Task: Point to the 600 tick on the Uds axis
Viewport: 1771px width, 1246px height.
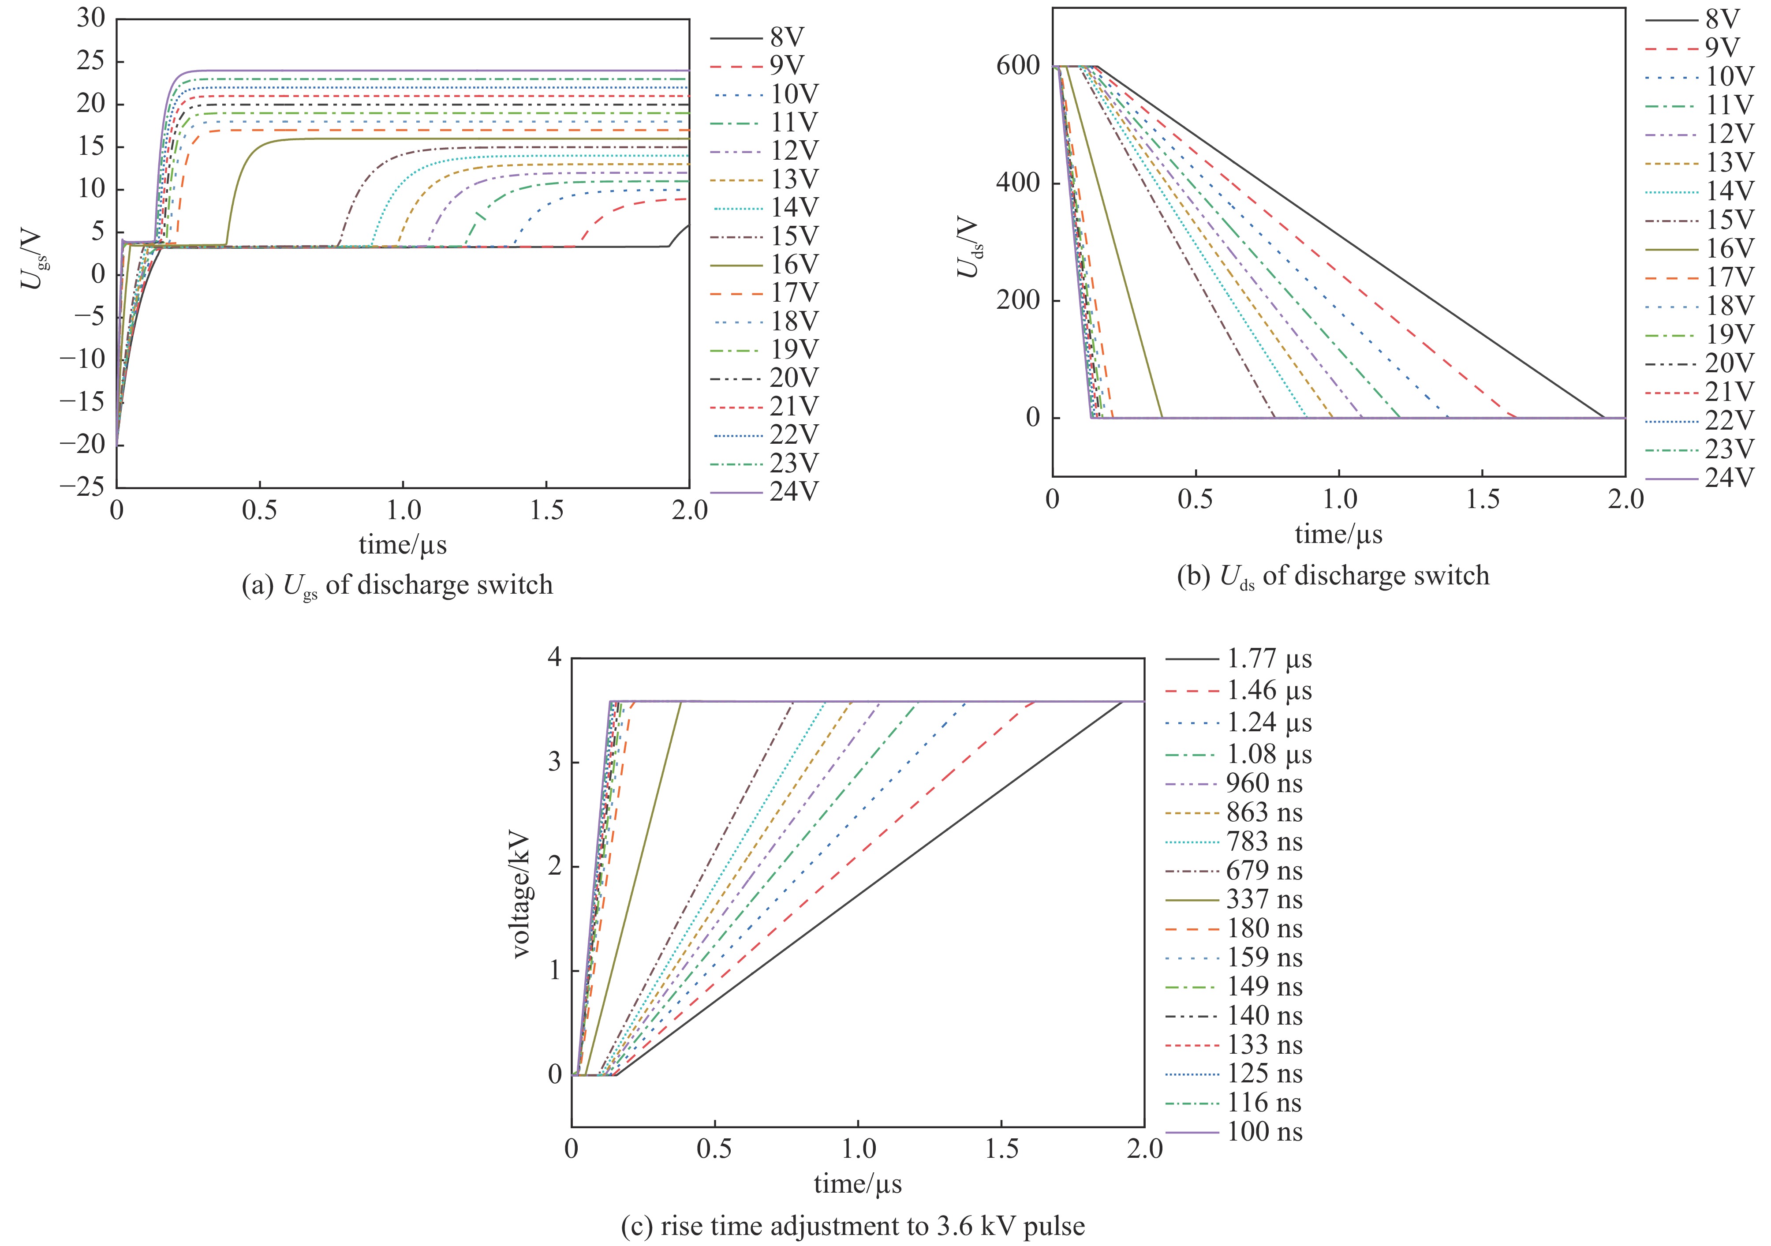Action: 1018,66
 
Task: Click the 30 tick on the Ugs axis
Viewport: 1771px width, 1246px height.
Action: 90,19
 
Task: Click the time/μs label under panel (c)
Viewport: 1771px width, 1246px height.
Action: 857,1183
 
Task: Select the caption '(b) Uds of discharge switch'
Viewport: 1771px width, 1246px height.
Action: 1333,576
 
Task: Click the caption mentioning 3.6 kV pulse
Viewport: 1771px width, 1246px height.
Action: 853,1226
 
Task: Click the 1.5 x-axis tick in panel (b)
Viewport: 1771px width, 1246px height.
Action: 1483,500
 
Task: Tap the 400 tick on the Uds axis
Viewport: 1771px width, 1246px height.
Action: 1018,183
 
